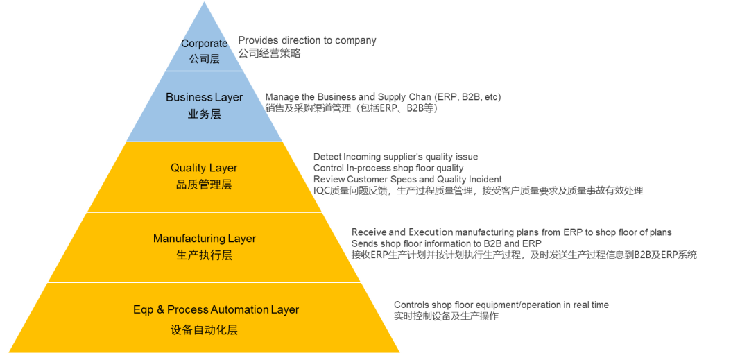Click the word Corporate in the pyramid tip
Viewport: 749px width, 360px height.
tap(204, 44)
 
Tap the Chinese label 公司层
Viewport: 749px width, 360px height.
tap(204, 59)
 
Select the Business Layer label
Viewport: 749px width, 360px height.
tap(204, 97)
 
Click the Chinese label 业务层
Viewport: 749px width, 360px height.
tap(204, 114)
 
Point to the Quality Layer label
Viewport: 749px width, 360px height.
tap(204, 168)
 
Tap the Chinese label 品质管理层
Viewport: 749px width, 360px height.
tap(204, 185)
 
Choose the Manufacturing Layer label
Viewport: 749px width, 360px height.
tap(204, 239)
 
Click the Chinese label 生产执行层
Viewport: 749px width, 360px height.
tap(204, 255)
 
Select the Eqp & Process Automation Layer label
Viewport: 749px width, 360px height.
tap(216, 309)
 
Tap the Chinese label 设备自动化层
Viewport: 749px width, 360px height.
tap(204, 330)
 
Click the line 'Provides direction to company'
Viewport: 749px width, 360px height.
tap(307, 40)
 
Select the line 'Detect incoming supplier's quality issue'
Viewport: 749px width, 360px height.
tap(395, 157)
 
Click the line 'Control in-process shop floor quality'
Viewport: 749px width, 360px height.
tap(388, 168)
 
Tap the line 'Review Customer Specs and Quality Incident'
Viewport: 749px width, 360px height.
tap(407, 179)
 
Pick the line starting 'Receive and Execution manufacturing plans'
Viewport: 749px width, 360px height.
tap(511, 232)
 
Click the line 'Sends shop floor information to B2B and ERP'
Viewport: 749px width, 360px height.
tap(446, 243)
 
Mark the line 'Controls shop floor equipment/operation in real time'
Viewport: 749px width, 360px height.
tap(501, 305)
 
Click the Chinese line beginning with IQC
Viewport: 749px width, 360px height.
tap(478, 190)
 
